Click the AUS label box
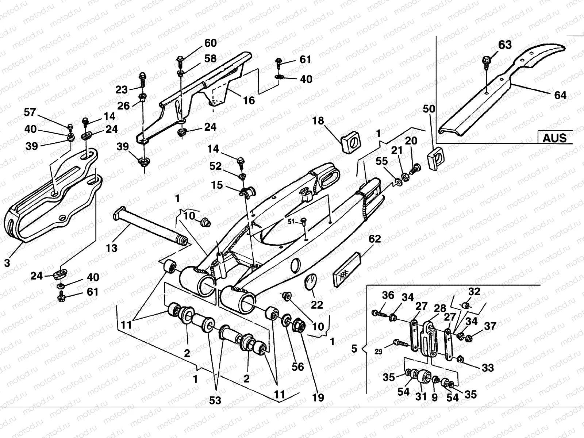tap(554, 138)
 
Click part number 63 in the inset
tap(505, 45)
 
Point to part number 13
tap(112, 248)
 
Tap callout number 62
tap(374, 239)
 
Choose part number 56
tap(298, 366)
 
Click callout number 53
tap(215, 400)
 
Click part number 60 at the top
tap(210, 43)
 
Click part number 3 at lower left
tap(7, 262)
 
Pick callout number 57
tap(30, 112)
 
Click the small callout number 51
tap(291, 221)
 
